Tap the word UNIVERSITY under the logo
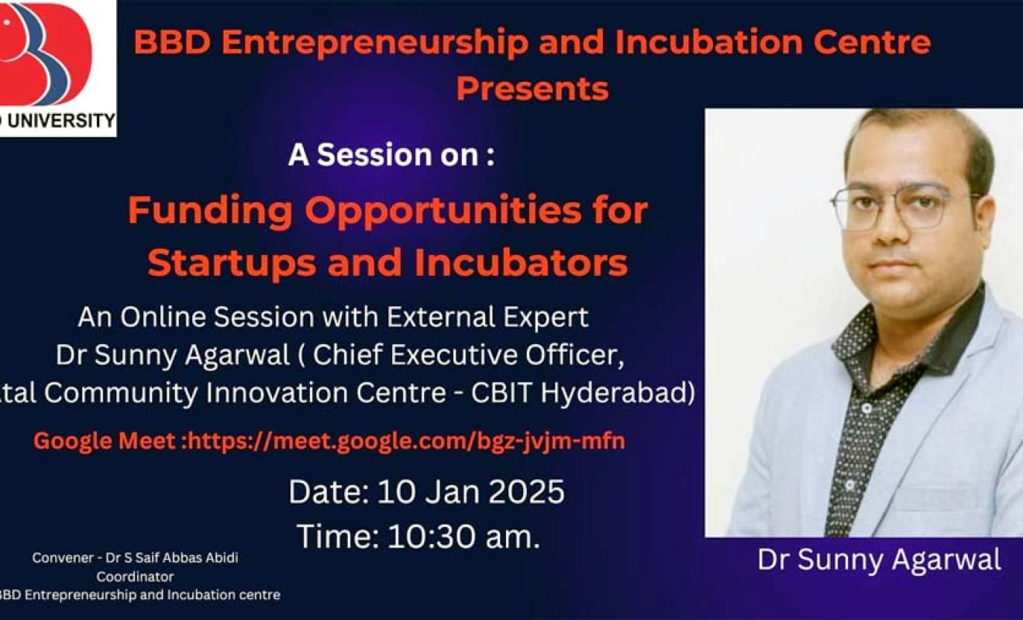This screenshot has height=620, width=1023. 61,121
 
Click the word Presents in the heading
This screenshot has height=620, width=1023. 532,88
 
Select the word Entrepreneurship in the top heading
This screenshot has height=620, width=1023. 375,43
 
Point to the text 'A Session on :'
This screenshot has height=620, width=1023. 391,155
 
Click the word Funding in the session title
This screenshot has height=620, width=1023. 210,211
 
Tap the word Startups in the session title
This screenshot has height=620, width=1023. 232,263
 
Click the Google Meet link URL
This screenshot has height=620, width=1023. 406,441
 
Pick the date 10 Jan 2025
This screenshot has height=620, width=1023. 471,491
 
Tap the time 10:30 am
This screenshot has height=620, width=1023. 464,536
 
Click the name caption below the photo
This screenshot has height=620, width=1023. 879,560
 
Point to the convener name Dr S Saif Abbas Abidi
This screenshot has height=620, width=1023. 172,557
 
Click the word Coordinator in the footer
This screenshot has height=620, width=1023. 135,577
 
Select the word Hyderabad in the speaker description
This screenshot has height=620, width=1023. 618,392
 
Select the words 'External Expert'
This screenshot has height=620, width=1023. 487,317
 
